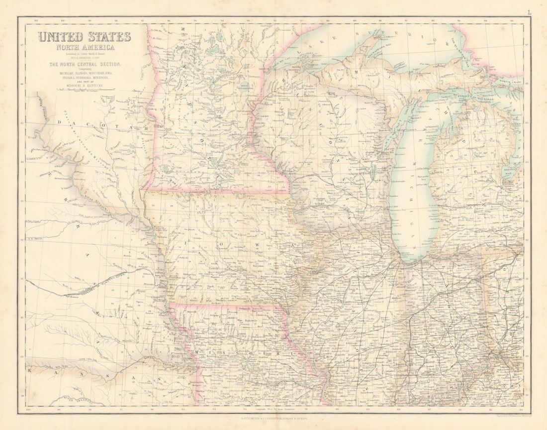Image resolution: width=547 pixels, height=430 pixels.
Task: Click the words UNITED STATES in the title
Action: (x=85, y=37)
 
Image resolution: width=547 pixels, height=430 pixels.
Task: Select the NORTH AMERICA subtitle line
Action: (x=85, y=47)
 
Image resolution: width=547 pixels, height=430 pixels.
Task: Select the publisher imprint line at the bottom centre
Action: (x=273, y=420)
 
